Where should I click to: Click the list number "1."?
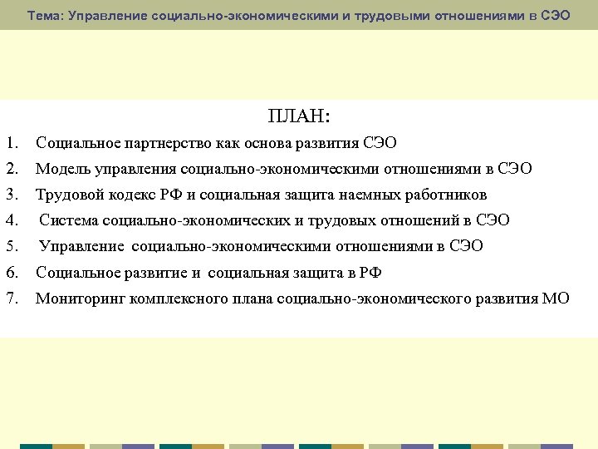(11, 143)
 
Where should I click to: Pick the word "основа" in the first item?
(266, 143)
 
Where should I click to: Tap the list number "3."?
(11, 195)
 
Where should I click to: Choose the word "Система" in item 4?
(67, 220)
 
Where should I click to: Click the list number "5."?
(11, 246)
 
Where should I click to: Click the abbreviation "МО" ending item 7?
(556, 299)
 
